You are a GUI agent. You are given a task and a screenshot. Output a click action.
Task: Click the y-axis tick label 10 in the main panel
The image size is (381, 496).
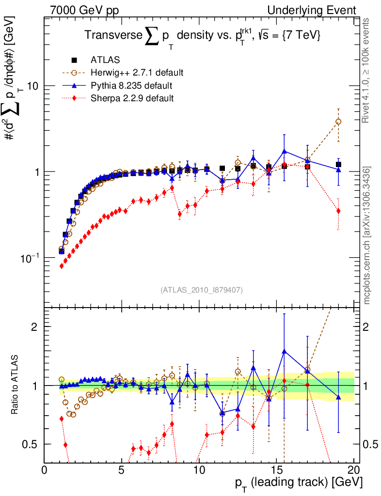tap(33, 86)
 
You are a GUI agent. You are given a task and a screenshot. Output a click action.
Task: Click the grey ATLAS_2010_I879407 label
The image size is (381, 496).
tap(201, 290)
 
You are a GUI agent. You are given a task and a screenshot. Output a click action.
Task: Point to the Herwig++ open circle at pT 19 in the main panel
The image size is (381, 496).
tap(338, 122)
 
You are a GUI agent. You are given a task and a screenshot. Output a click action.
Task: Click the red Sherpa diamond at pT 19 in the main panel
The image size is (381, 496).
tap(338, 211)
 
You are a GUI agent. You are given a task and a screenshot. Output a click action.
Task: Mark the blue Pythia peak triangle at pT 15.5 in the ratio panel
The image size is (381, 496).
tap(284, 351)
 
